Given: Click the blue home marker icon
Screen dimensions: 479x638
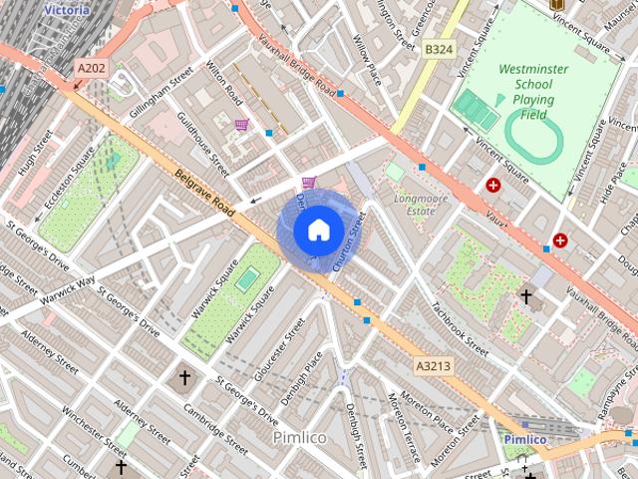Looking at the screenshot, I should [317, 231].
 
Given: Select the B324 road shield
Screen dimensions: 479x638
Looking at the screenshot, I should [438, 48].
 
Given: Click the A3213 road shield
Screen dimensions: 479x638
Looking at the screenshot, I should [433, 366].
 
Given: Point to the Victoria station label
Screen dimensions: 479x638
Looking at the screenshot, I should [67, 10].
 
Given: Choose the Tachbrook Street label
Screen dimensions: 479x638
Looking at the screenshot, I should [458, 330].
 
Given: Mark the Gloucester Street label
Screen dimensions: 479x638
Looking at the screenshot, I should [278, 355].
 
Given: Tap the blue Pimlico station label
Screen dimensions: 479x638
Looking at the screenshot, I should [524, 439].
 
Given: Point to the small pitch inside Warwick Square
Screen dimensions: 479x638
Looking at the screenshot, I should [244, 280].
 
